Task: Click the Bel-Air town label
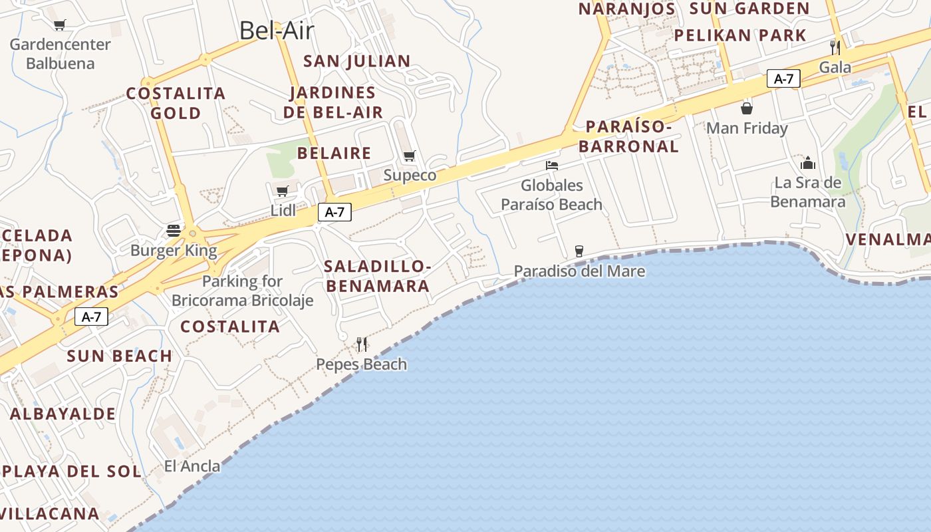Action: pyautogui.click(x=276, y=31)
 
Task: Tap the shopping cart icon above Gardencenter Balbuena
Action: pyautogui.click(x=60, y=25)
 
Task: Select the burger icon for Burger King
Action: pyautogui.click(x=174, y=231)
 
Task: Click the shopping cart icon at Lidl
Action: pyautogui.click(x=283, y=192)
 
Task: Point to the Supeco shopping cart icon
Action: pyautogui.click(x=410, y=156)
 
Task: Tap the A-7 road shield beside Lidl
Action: pyautogui.click(x=334, y=212)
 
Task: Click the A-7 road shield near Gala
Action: pyautogui.click(x=783, y=78)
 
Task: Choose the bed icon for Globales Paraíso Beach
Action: pyautogui.click(x=551, y=166)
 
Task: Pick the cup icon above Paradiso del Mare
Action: pyautogui.click(x=579, y=251)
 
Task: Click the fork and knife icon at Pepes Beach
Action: pyautogui.click(x=362, y=344)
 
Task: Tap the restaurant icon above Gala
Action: pyautogui.click(x=835, y=47)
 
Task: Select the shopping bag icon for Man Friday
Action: pyautogui.click(x=747, y=108)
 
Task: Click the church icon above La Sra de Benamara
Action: pyautogui.click(x=808, y=163)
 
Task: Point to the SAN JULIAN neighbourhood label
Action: pyautogui.click(x=356, y=61)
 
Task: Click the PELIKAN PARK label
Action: pyautogui.click(x=740, y=35)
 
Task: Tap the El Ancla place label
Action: pyautogui.click(x=192, y=466)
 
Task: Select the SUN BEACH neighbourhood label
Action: pyautogui.click(x=120, y=356)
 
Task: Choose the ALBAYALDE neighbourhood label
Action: pyautogui.click(x=63, y=414)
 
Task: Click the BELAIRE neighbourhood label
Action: pyautogui.click(x=334, y=153)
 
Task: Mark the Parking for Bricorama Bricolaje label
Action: pyautogui.click(x=242, y=291)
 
